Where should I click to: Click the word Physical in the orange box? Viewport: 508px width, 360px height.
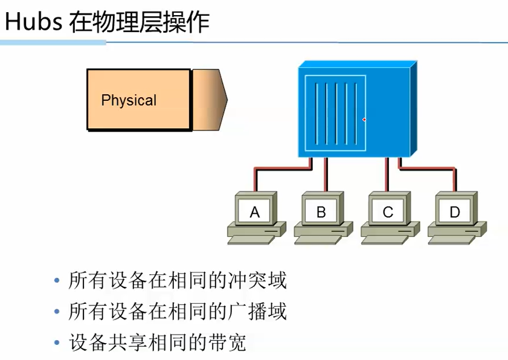129,100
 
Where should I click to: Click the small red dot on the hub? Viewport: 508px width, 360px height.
364,120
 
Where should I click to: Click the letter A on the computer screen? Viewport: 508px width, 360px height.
254,212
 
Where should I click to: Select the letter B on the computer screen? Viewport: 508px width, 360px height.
321,212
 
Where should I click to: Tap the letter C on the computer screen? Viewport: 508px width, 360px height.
388,212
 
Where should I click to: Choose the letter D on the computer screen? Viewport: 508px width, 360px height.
455,212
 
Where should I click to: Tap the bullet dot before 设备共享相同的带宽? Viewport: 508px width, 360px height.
57,343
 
